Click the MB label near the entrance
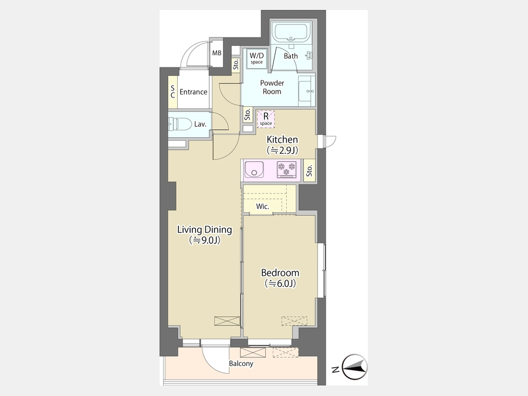(217, 53)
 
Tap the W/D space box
(256, 58)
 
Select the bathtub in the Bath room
(292, 32)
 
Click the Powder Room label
(272, 87)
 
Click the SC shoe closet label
(172, 92)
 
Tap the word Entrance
(193, 92)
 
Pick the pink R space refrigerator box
(266, 119)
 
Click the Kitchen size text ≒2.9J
(283, 151)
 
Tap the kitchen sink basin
(254, 170)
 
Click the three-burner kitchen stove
(286, 170)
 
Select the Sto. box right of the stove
(309, 171)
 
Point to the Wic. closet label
(262, 207)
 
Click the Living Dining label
(205, 229)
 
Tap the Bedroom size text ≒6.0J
(280, 284)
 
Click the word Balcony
(241, 364)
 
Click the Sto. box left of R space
(248, 114)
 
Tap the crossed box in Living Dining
(227, 320)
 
